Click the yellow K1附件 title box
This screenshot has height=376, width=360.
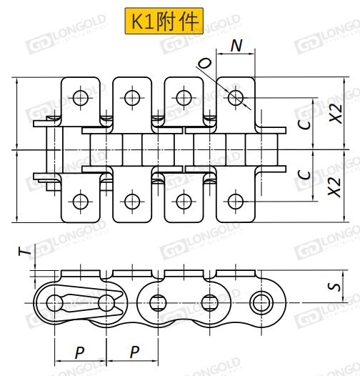coord(164,21)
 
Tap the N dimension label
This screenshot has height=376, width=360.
coord(236,45)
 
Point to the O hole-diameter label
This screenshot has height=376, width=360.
coord(204,64)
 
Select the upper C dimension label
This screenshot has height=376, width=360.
coord(304,124)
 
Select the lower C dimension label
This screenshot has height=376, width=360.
coord(304,174)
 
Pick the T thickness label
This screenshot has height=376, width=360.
coord(25,252)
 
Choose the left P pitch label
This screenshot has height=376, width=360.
coord(79,352)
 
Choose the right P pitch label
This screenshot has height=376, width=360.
coord(134,352)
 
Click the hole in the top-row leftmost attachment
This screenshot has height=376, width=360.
coord(81,98)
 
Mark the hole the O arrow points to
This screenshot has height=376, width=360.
coord(236,98)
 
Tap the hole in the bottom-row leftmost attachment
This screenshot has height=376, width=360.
coord(81,202)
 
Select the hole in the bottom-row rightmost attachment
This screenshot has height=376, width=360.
coord(236,202)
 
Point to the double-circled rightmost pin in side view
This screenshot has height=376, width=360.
coord(261,303)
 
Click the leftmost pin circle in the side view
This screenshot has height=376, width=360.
coord(55,303)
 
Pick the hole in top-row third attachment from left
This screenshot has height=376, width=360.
coord(184,98)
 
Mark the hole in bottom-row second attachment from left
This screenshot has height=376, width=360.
coord(132,202)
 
